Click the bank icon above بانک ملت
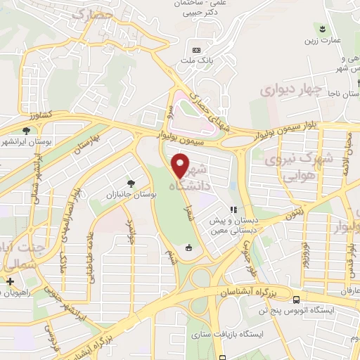click(196, 51)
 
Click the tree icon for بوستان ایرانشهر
click(26, 130)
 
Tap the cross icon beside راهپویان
click(9, 282)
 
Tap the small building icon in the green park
click(188, 247)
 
